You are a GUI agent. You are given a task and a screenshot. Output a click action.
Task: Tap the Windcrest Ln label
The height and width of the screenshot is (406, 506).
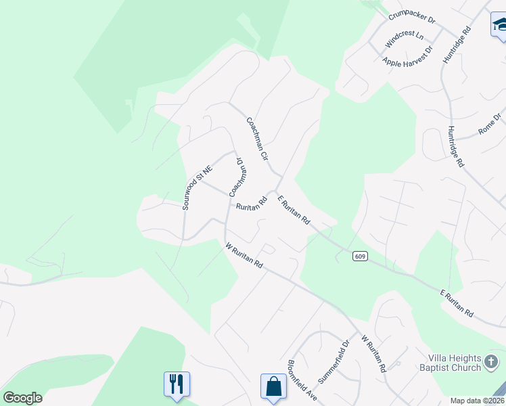[404, 39]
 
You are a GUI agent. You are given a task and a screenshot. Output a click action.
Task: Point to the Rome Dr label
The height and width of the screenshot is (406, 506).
[490, 124]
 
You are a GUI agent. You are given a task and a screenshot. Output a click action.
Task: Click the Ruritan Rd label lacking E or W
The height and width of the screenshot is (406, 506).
[249, 204]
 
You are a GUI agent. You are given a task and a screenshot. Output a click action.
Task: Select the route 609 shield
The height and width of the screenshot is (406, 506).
[359, 256]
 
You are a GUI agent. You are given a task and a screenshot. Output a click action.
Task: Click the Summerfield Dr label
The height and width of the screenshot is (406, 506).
[332, 361]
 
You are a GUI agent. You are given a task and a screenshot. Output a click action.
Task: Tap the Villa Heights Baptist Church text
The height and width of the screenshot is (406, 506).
[454, 363]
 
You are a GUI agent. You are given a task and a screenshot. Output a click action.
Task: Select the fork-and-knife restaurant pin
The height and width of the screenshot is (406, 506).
[177, 384]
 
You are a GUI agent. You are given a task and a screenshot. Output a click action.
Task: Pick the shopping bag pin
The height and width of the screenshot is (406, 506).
[274, 386]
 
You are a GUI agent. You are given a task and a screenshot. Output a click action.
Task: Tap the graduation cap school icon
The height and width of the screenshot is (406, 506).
[499, 25]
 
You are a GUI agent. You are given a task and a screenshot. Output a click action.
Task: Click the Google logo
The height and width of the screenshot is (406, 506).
[22, 398]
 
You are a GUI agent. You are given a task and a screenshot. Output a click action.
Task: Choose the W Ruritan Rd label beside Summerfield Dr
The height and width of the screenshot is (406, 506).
[373, 354]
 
